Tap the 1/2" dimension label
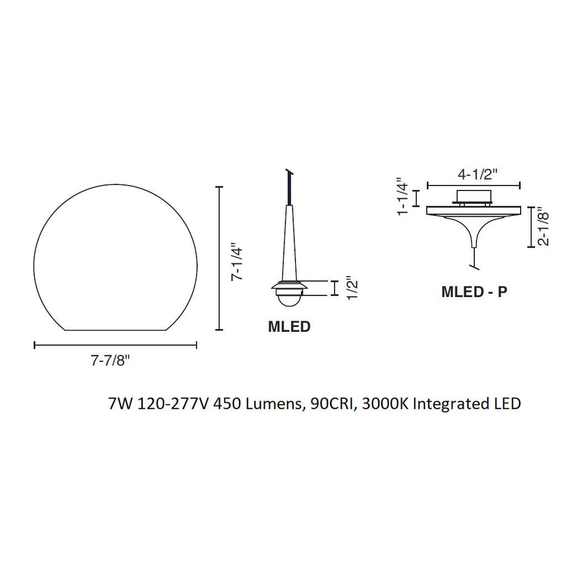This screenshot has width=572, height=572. click(x=350, y=288)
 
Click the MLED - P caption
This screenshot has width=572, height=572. click(x=474, y=292)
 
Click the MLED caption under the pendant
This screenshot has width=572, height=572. click(x=289, y=327)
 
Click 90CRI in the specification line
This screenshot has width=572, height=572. click(x=333, y=403)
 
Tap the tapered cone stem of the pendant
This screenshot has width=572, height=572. click(x=289, y=246)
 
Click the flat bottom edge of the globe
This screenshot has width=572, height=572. click(x=116, y=330)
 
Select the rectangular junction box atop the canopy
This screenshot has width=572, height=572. click(x=473, y=196)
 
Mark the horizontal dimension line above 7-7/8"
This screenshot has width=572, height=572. click(x=116, y=345)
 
